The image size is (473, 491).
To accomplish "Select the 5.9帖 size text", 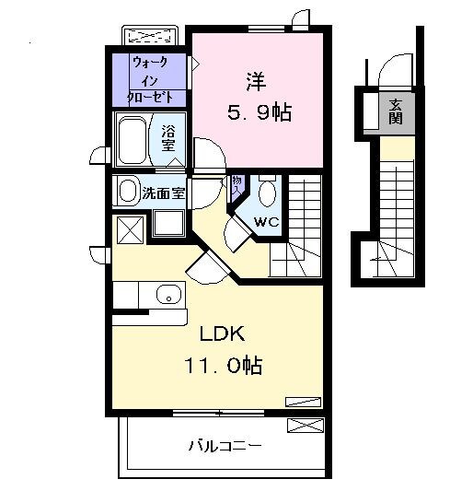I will pyautogui.click(x=259, y=112).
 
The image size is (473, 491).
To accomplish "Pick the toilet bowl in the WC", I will pyautogui.click(x=267, y=193).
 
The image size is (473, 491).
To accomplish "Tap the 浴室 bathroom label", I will pyautogui.click(x=168, y=137).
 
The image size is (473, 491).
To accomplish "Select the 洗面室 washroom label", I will pyautogui.click(x=164, y=193).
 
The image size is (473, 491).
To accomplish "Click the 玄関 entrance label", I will pyautogui.click(x=395, y=111).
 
